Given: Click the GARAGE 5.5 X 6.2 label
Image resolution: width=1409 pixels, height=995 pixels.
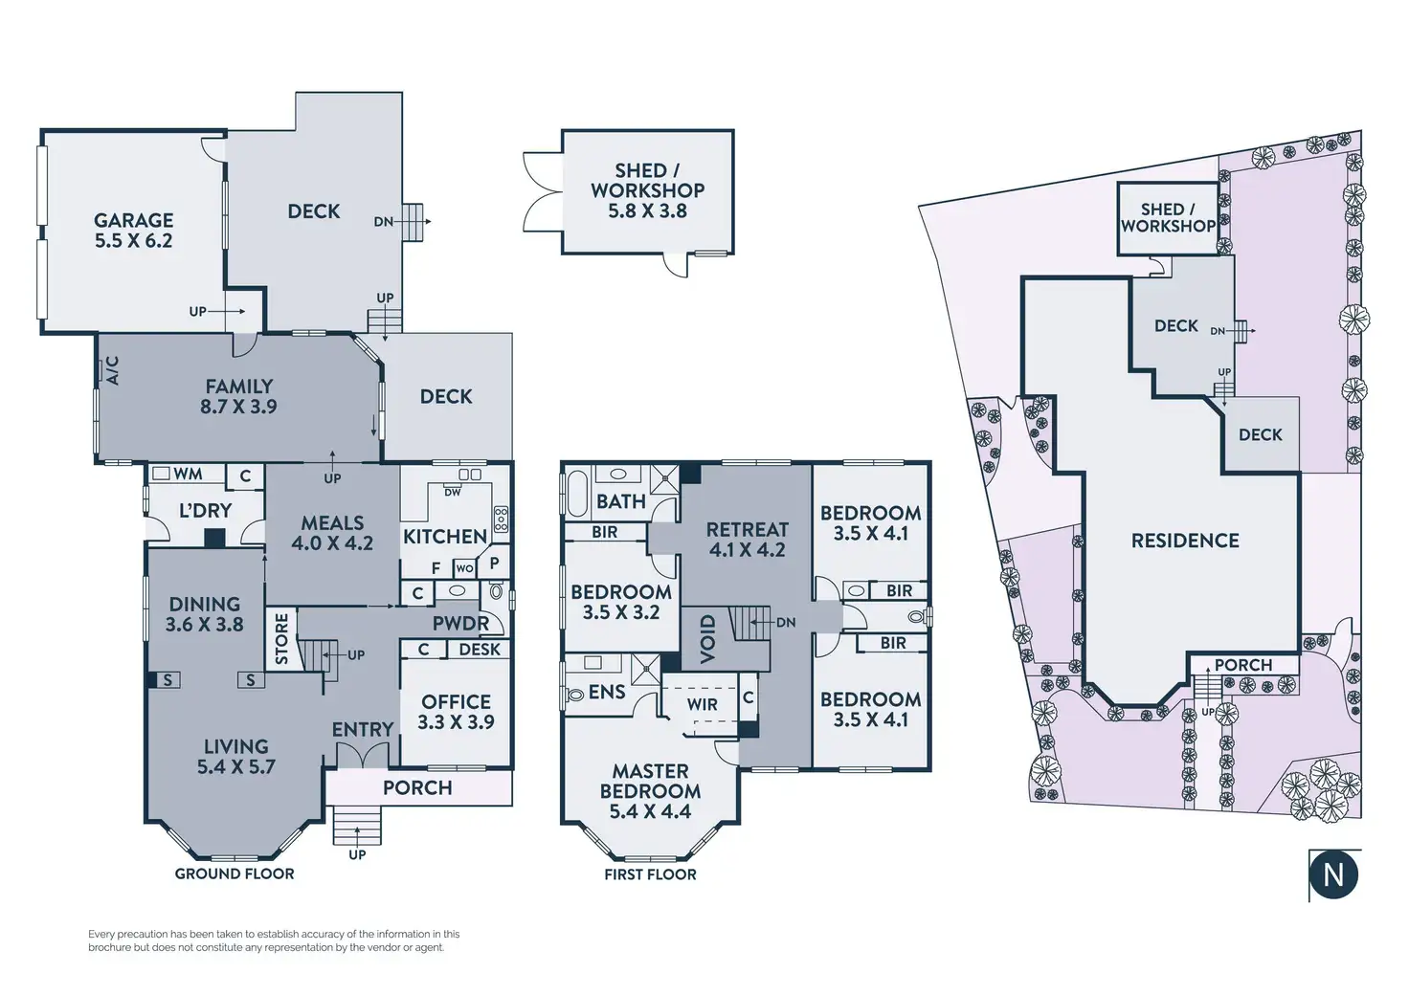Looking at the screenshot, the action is coord(134,231).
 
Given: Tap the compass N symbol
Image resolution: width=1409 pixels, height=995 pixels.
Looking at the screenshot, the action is coord(1333,873).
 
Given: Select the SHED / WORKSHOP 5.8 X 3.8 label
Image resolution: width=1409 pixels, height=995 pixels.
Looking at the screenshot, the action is coord(647,190).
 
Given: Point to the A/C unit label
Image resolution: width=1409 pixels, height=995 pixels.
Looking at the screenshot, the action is coord(112,370).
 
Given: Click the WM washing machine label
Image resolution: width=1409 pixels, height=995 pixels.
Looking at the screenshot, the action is coord(188,474).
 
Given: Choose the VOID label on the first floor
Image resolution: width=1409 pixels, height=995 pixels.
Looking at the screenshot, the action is coord(707,638).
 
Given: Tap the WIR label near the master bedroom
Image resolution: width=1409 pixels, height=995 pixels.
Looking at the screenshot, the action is coord(702,704).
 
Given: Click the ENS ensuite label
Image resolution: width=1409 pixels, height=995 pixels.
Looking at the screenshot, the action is coord(607,692).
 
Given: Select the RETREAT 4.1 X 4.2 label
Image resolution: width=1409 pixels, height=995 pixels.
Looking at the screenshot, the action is coord(747,540).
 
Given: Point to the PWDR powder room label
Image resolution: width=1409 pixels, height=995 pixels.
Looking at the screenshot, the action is coord(460,624).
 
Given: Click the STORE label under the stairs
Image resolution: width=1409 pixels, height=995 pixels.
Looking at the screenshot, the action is coord(281,639).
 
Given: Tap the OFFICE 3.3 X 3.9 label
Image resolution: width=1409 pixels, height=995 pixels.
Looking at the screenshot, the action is coord(456,712).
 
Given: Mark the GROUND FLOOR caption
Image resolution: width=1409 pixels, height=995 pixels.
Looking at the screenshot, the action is coord(235,873).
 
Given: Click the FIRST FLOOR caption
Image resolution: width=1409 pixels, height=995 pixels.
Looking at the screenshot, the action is coord(650,874).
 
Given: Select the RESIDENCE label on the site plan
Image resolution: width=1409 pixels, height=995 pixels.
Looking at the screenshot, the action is coord(1185,541).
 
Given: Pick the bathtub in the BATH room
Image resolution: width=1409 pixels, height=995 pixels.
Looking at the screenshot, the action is coord(577,493).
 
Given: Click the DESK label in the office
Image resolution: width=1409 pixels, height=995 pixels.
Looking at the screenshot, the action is coord(480,650).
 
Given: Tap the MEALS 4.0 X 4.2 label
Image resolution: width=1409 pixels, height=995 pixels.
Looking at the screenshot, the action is coord(332,533).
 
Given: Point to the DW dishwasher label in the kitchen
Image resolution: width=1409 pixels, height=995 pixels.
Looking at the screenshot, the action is coord(452,492).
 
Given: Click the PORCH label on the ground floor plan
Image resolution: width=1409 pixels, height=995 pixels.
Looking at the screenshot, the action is coord(417,787).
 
